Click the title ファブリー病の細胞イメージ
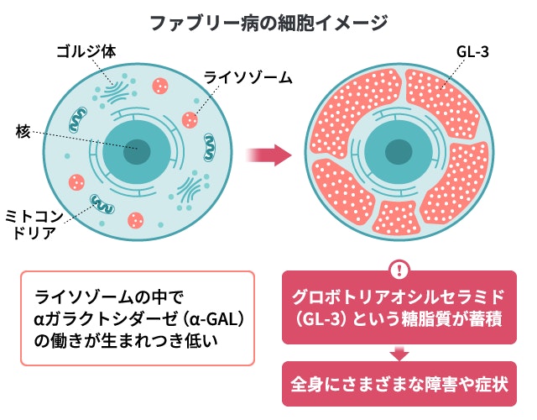point(268,20)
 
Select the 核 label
point(23,131)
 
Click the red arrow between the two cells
point(268,155)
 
